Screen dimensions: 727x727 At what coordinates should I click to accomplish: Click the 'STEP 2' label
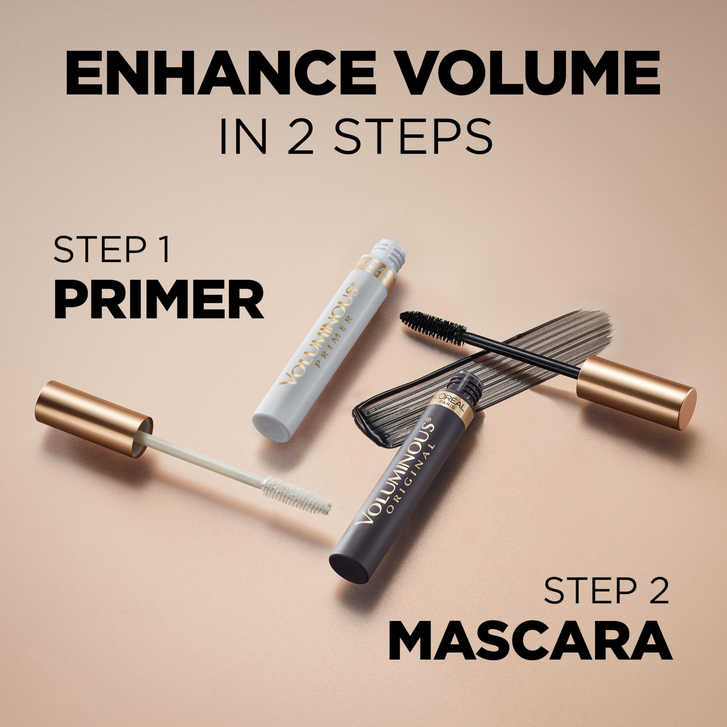[x=606, y=601]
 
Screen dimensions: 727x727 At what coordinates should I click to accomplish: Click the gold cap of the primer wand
[x=93, y=419]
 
